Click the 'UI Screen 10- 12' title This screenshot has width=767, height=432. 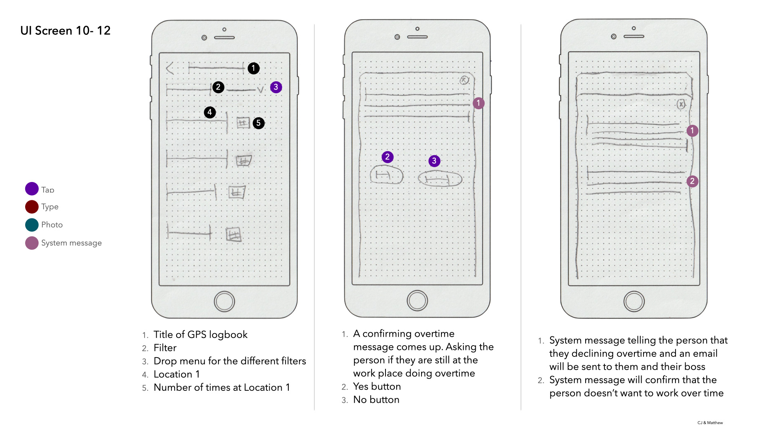click(x=65, y=31)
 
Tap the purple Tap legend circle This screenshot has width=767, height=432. click(x=32, y=189)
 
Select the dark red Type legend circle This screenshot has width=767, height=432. click(x=32, y=207)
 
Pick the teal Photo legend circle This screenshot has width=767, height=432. click(x=32, y=225)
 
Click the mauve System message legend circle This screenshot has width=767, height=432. click(x=32, y=243)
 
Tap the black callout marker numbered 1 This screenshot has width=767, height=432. click(x=253, y=68)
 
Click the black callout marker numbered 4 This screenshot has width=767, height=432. click(x=210, y=112)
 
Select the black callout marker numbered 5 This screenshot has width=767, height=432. click(x=258, y=123)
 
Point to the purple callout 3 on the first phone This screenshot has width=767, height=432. click(x=276, y=87)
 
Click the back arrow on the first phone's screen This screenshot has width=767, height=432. click(x=170, y=68)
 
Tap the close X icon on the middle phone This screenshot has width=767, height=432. click(x=464, y=80)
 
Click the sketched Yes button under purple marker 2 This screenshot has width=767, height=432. click(x=386, y=175)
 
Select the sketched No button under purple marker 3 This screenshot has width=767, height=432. click(x=440, y=179)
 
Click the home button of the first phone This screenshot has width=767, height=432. click(x=225, y=302)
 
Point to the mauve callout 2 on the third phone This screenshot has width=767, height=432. click(x=692, y=181)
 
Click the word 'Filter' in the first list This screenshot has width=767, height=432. click(x=165, y=348)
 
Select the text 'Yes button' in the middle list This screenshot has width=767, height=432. click(x=377, y=386)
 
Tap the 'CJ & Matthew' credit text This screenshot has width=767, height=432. click(x=710, y=423)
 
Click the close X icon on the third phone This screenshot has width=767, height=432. click(x=681, y=104)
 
